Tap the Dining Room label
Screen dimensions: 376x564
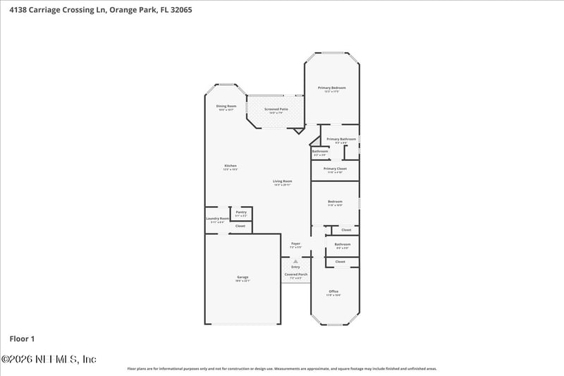[x=226, y=106]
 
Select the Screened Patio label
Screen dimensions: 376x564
[x=276, y=109]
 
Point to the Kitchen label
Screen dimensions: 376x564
[x=230, y=166]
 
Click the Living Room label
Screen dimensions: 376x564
[x=283, y=181]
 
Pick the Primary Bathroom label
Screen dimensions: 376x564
[x=341, y=139]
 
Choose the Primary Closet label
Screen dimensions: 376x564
[x=333, y=169]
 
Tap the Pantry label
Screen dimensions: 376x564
[x=241, y=212]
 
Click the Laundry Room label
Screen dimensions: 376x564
[x=217, y=219]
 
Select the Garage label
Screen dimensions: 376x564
[x=243, y=277]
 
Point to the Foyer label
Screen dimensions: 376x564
[x=296, y=243]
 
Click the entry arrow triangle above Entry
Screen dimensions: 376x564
[x=295, y=260]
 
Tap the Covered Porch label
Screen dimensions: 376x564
[x=296, y=274]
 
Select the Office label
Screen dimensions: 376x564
[x=333, y=291]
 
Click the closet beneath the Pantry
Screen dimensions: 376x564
[x=240, y=226]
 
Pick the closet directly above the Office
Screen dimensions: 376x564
[x=340, y=262]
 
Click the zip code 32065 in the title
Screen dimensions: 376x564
[x=178, y=11]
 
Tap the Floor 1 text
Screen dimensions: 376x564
[x=23, y=339]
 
